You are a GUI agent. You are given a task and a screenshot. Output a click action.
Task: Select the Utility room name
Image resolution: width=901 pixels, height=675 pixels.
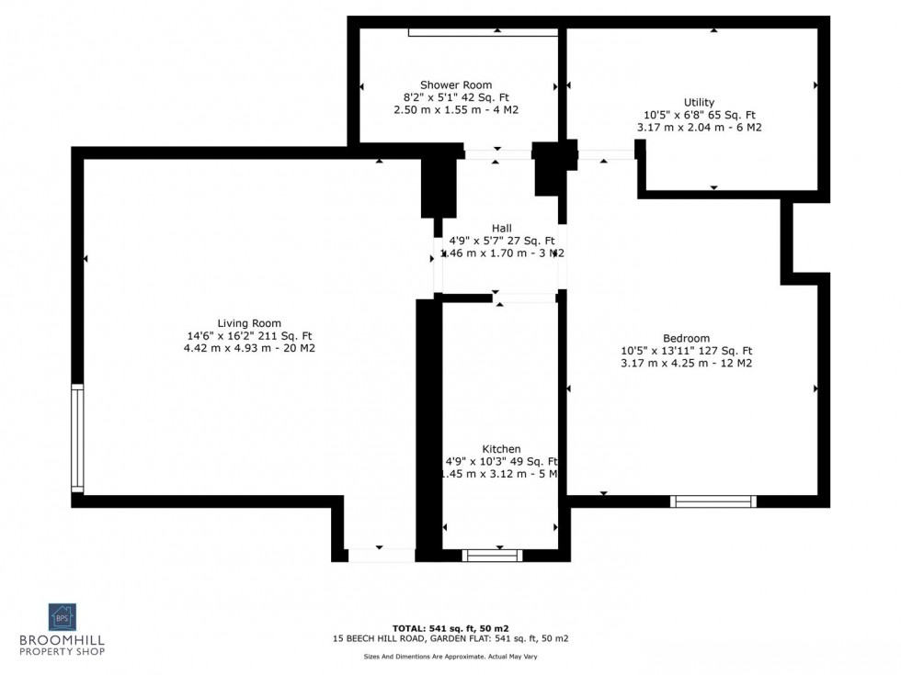tap(699, 102)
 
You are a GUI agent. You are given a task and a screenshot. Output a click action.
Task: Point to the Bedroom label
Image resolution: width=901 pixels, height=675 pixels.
tap(686, 338)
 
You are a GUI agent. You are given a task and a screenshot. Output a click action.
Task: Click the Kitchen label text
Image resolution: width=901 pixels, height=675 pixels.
tap(501, 449)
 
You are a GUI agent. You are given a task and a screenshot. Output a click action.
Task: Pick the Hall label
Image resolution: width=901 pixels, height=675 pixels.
tap(501, 228)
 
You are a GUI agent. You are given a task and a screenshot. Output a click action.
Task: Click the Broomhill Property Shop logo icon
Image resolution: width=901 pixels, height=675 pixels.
tap(63, 616)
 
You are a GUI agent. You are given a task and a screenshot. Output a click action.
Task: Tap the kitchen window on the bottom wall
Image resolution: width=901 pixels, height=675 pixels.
tap(492, 555)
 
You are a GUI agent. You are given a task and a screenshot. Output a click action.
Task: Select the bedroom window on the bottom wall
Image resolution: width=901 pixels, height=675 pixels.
tap(713, 501)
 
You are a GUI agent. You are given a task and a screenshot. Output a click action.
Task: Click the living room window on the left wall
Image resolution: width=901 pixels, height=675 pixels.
tap(77, 438)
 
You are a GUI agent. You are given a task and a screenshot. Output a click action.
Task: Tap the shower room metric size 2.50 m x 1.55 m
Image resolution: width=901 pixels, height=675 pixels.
tap(444, 109)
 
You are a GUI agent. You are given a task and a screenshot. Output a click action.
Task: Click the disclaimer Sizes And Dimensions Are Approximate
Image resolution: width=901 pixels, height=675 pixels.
tap(450, 658)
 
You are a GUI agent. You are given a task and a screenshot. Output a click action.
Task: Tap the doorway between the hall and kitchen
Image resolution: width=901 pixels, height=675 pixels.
tap(524, 298)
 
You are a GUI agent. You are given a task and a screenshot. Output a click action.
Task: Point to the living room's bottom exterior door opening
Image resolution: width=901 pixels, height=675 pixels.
tap(382, 555)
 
